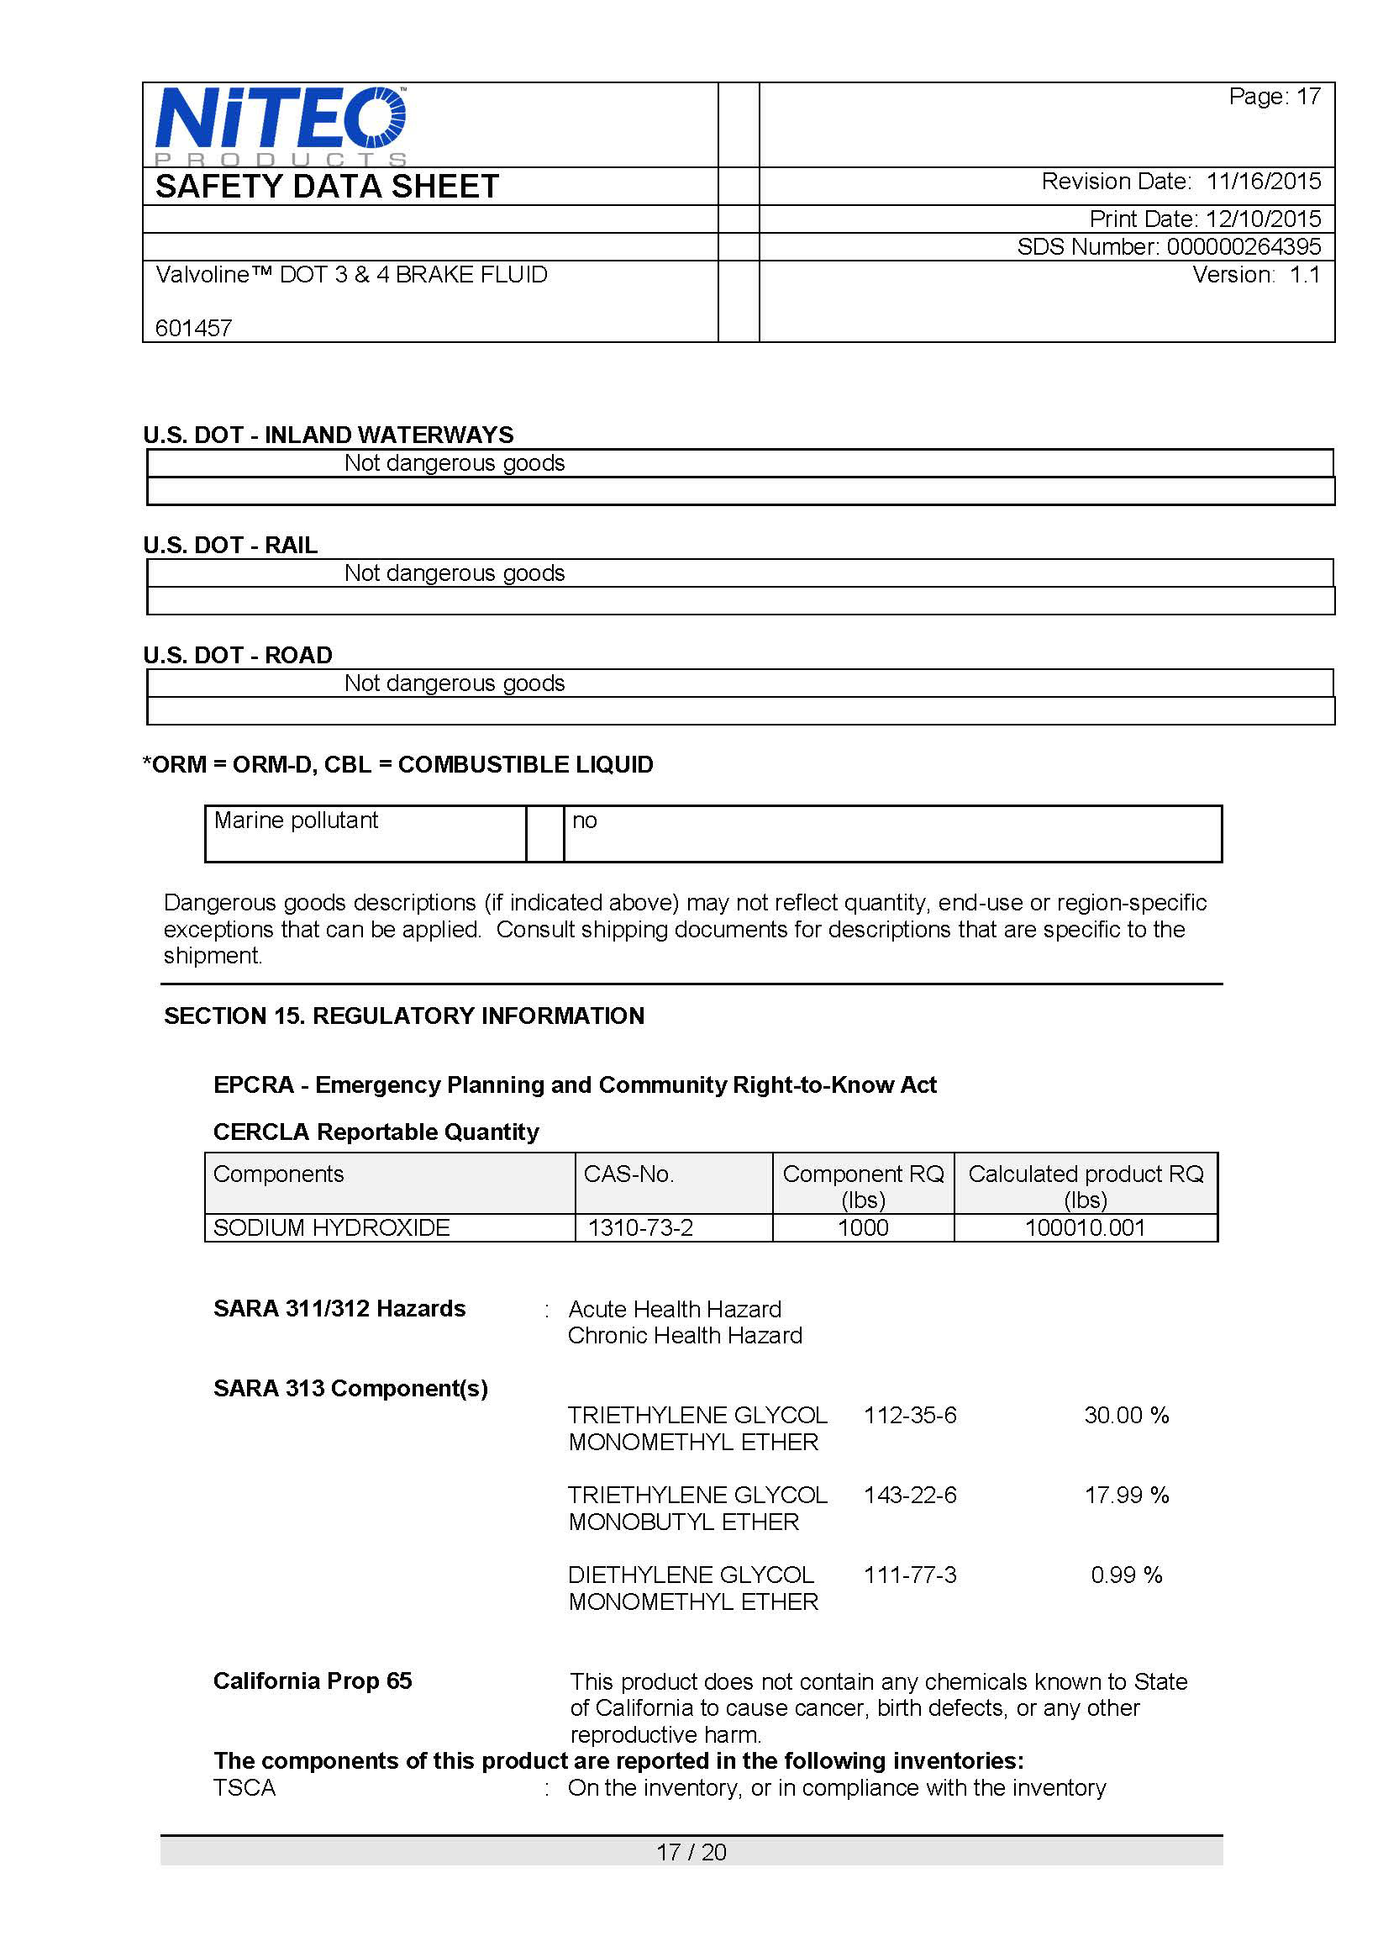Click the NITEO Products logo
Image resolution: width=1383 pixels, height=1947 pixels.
[x=280, y=124]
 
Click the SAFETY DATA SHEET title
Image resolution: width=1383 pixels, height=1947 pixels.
[x=327, y=187]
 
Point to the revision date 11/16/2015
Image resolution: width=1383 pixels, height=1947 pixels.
[x=1263, y=182]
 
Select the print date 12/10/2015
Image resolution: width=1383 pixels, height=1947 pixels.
[x=1263, y=219]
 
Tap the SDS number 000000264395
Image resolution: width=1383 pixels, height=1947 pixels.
[x=1244, y=247]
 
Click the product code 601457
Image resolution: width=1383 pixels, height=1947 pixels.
[x=193, y=328]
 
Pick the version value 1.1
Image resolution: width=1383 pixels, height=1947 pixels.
[x=1305, y=275]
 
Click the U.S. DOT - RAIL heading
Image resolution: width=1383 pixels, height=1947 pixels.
[x=230, y=546]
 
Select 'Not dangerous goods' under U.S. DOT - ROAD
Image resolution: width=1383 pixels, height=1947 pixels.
[x=454, y=683]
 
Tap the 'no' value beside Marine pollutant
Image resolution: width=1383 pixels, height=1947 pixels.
[x=584, y=820]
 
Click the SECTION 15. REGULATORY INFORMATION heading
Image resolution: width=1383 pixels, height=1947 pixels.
[x=403, y=1016]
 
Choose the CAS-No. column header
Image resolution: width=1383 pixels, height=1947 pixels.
[x=628, y=1174]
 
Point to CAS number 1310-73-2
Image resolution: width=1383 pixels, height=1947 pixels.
[x=640, y=1228]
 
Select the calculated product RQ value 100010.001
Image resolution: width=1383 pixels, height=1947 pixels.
[x=1085, y=1228]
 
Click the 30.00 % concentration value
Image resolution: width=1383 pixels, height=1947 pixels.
[x=1126, y=1416]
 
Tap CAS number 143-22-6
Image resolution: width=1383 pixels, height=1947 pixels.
[x=909, y=1495]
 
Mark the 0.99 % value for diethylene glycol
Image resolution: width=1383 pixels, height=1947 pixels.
[x=1126, y=1575]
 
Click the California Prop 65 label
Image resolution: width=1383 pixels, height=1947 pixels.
[x=313, y=1681]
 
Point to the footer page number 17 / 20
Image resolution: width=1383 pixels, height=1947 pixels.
[x=691, y=1851]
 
